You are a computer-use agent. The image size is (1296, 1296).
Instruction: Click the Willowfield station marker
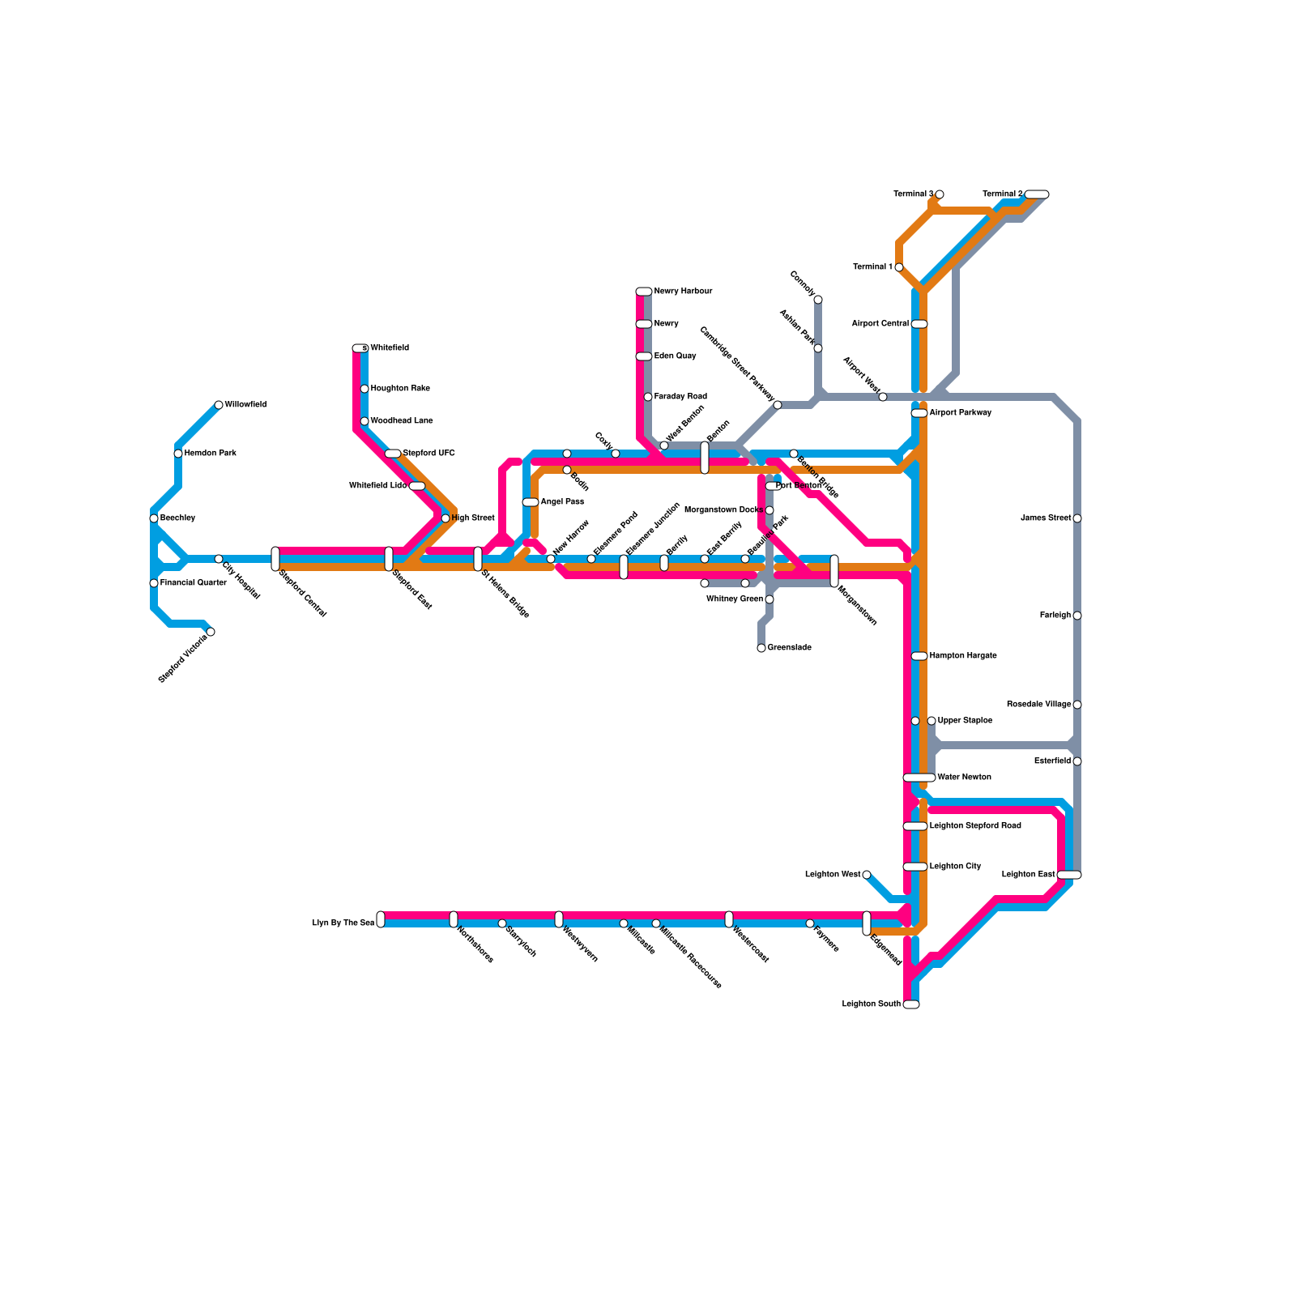(x=219, y=405)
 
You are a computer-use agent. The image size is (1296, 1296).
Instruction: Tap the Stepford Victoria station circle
(x=211, y=632)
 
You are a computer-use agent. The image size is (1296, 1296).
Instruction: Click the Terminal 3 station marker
(x=940, y=194)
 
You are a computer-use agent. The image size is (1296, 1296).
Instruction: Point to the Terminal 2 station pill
(x=1037, y=194)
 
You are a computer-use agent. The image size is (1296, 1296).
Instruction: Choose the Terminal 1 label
(x=872, y=267)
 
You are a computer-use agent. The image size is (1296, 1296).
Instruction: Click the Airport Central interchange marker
(x=919, y=324)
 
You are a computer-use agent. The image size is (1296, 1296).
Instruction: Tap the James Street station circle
(x=1077, y=518)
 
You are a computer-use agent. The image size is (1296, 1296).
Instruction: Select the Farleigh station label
(x=1055, y=616)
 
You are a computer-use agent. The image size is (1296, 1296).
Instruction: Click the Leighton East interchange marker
(x=1069, y=875)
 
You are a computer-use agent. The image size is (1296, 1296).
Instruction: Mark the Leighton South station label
(x=871, y=1004)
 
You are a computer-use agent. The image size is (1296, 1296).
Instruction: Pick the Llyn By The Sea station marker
(x=381, y=919)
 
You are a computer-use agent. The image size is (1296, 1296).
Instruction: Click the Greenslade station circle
(x=761, y=648)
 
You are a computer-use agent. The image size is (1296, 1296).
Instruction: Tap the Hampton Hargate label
(x=963, y=656)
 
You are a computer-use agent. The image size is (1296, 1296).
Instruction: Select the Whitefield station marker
(x=360, y=348)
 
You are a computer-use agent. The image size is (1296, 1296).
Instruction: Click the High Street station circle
(x=446, y=518)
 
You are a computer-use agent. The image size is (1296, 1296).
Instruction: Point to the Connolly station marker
(x=818, y=300)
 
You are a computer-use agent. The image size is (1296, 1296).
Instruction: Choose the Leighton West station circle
(x=867, y=875)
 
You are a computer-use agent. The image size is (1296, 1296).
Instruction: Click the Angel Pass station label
(x=562, y=502)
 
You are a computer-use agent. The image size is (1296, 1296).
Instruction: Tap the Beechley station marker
(x=154, y=518)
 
